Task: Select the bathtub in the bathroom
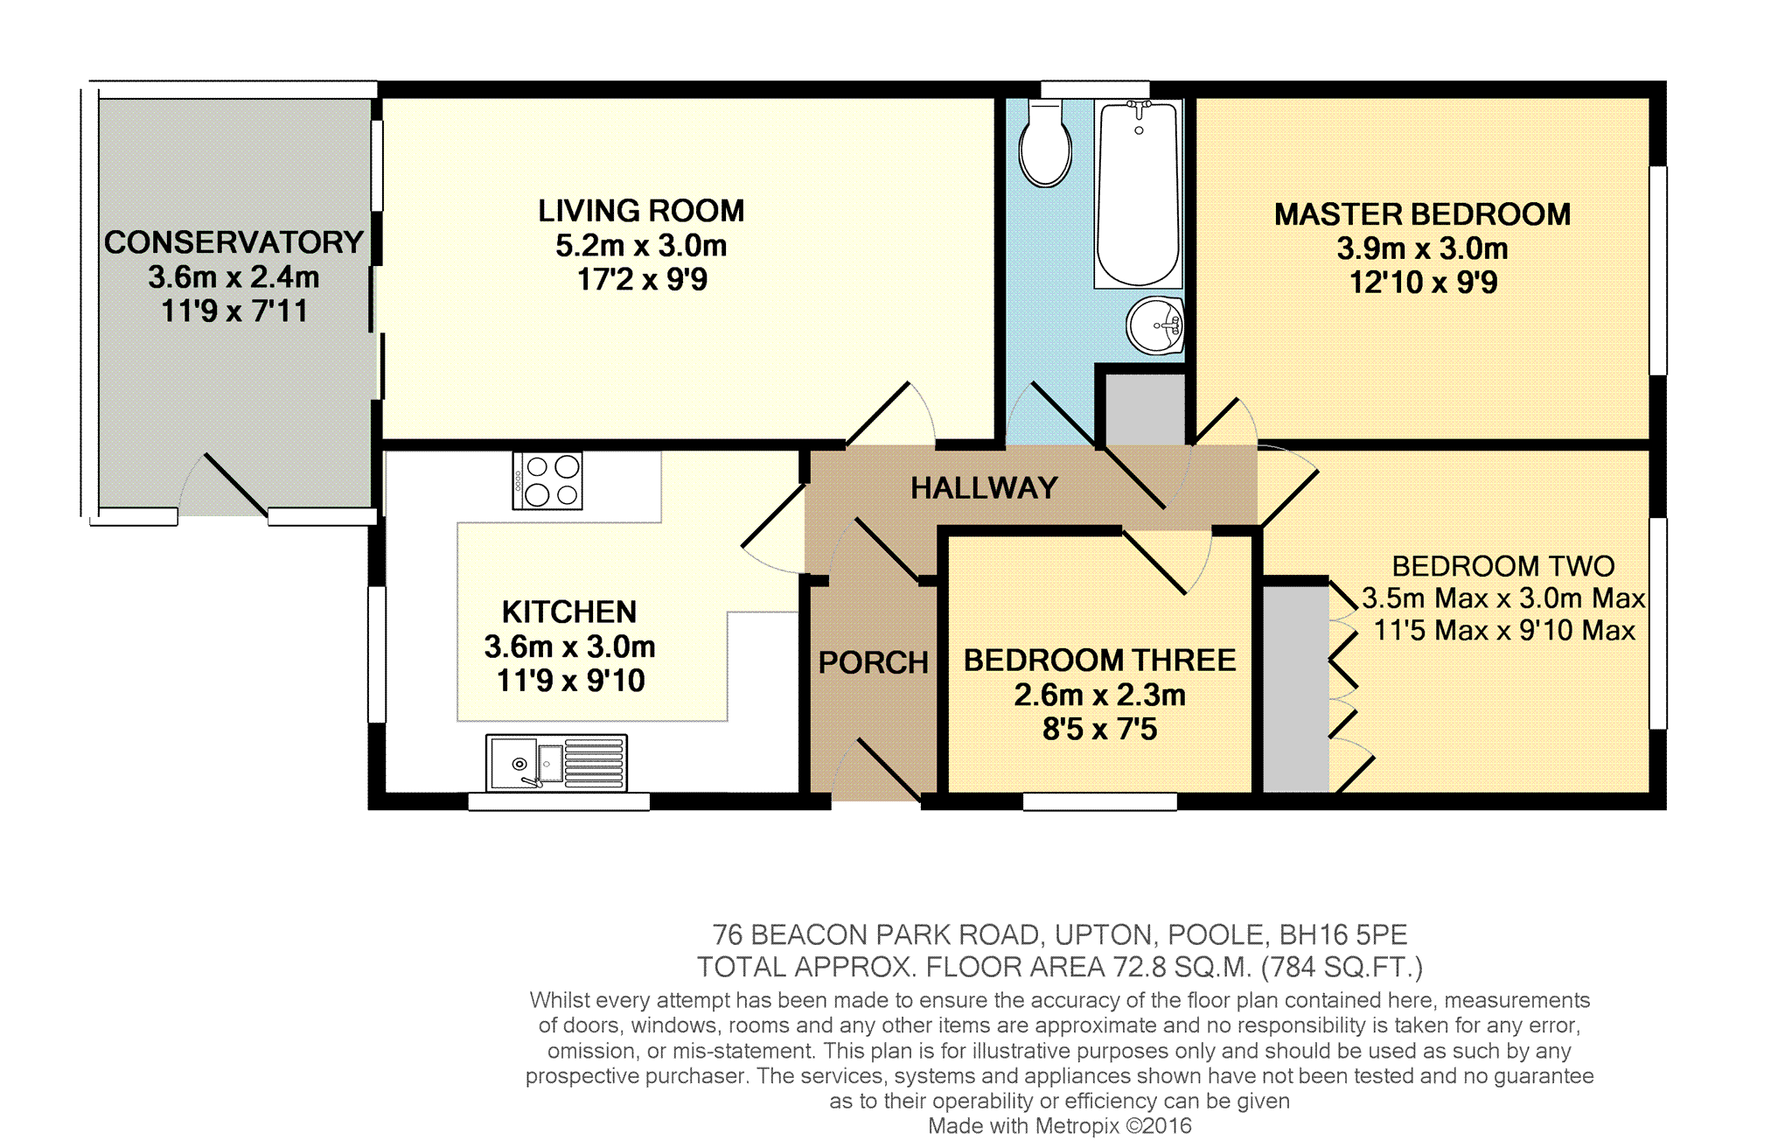coord(1138,193)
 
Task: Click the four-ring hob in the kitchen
coord(547,480)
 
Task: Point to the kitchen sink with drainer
coord(556,762)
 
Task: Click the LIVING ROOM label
coord(641,211)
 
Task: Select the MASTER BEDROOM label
coord(1422,214)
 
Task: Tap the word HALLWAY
coord(984,487)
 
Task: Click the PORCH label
coord(873,662)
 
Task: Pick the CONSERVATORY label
coord(234,242)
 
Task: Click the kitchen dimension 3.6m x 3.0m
coord(569,647)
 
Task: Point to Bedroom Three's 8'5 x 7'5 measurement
coord(1099,729)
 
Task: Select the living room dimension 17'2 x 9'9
coord(642,280)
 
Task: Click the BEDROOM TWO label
coord(1503,566)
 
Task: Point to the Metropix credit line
coord(1060,1126)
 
